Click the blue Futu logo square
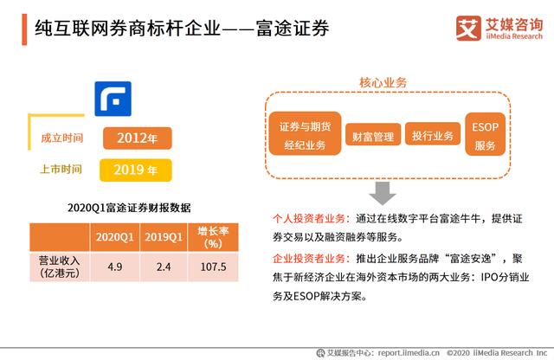[x=113, y=99]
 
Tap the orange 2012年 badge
[x=138, y=138]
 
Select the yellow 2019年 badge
[x=136, y=170]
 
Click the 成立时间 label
[x=62, y=138]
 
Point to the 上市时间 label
[x=61, y=170]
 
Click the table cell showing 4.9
[x=115, y=267]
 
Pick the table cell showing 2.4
[x=164, y=267]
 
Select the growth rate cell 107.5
[x=213, y=267]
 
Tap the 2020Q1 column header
[x=115, y=237]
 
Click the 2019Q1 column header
[x=164, y=237]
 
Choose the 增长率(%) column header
[x=213, y=237]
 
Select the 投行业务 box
[x=433, y=134]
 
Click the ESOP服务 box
[x=485, y=134]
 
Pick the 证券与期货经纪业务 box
[x=305, y=133]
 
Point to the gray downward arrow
[x=383, y=193]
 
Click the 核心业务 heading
[x=383, y=83]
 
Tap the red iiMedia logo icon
[x=468, y=29]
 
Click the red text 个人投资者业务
[x=309, y=219]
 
